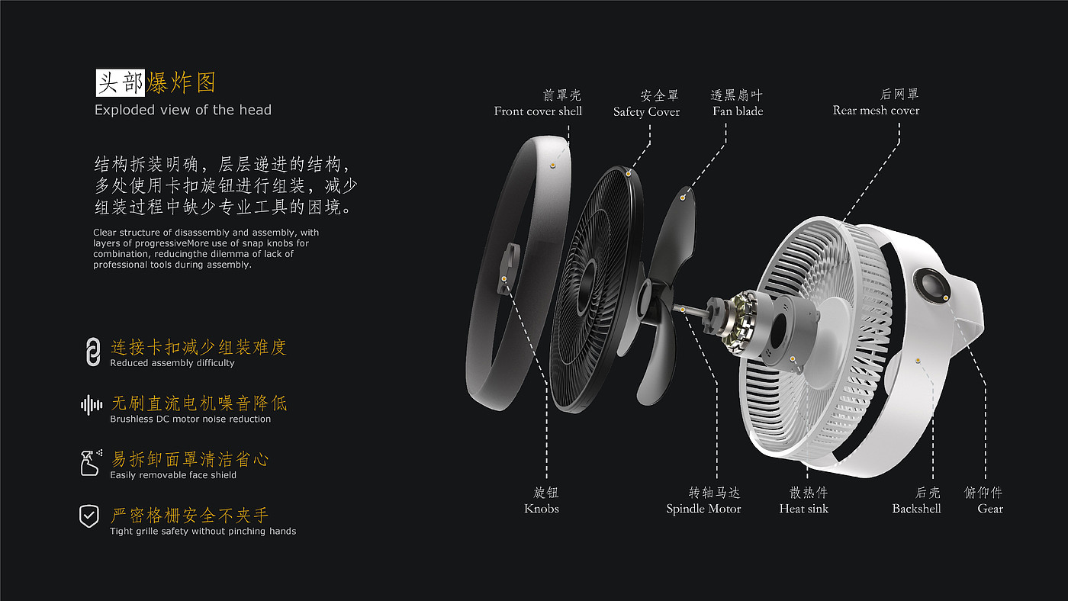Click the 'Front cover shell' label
point(538,111)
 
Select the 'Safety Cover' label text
point(646,112)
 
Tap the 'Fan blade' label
point(738,111)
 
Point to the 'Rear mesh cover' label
point(876,111)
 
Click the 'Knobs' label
point(542,509)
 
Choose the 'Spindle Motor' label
point(703,509)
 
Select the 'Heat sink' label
point(803,509)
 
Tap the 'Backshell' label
point(916,509)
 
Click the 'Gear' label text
point(990,509)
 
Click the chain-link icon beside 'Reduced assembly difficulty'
point(92,352)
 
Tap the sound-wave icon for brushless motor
point(92,405)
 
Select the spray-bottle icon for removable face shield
point(91,462)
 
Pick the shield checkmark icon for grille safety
point(89,516)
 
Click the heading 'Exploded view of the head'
point(183,110)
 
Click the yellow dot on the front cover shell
point(552,163)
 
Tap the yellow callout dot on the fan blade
point(683,197)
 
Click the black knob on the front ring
point(506,266)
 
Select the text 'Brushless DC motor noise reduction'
point(190,419)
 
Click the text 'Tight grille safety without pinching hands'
point(203,531)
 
